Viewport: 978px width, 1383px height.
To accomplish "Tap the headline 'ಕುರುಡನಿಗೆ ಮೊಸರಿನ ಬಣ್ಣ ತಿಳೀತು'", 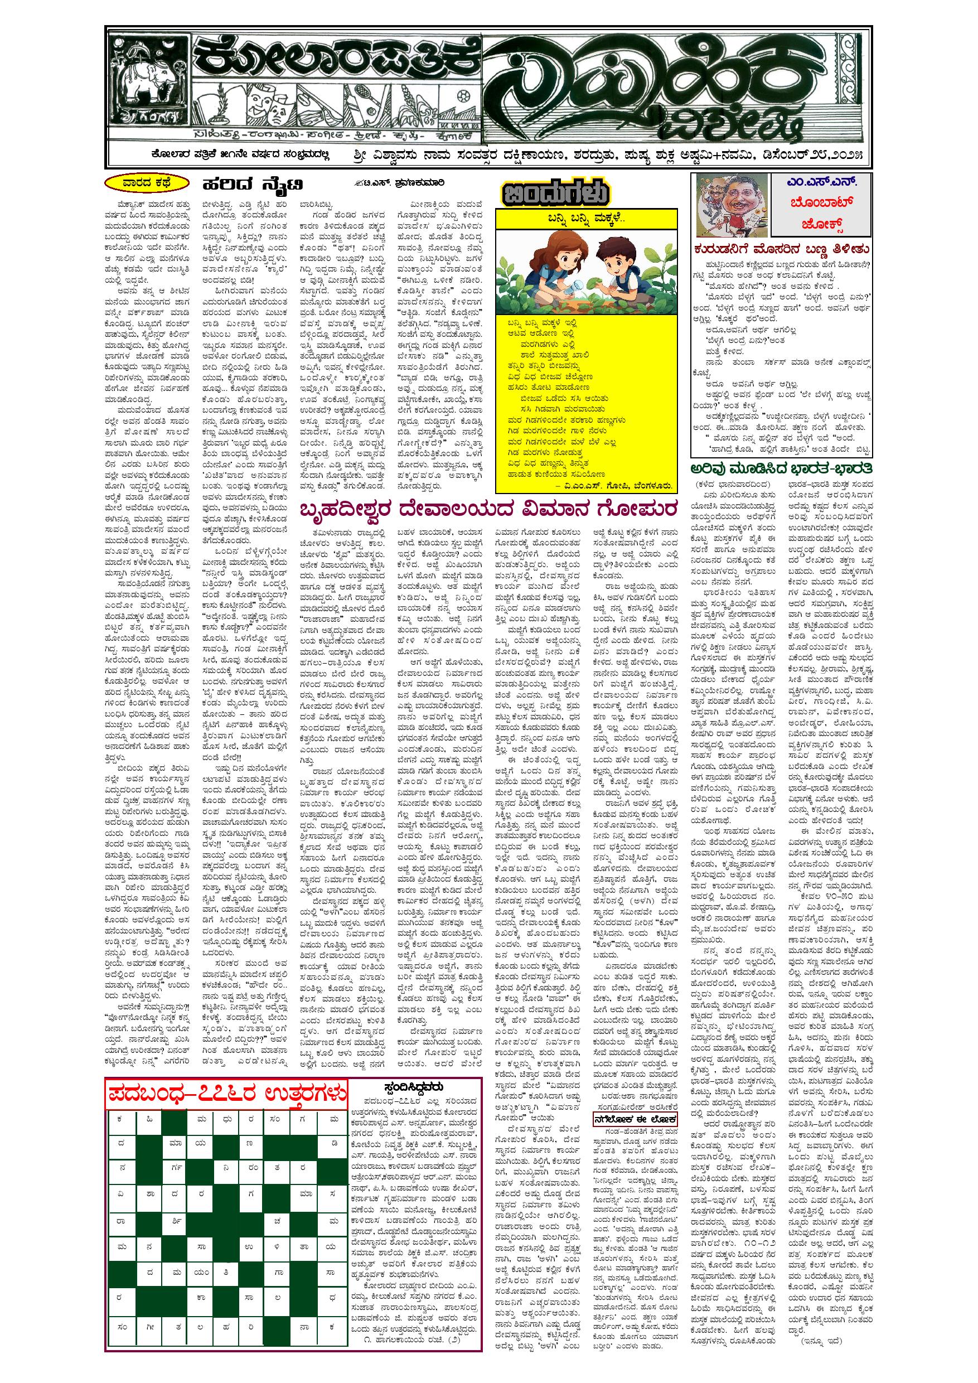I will (782, 250).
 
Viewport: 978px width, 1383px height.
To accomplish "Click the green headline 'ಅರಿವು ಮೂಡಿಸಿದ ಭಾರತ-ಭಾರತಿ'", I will (782, 468).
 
